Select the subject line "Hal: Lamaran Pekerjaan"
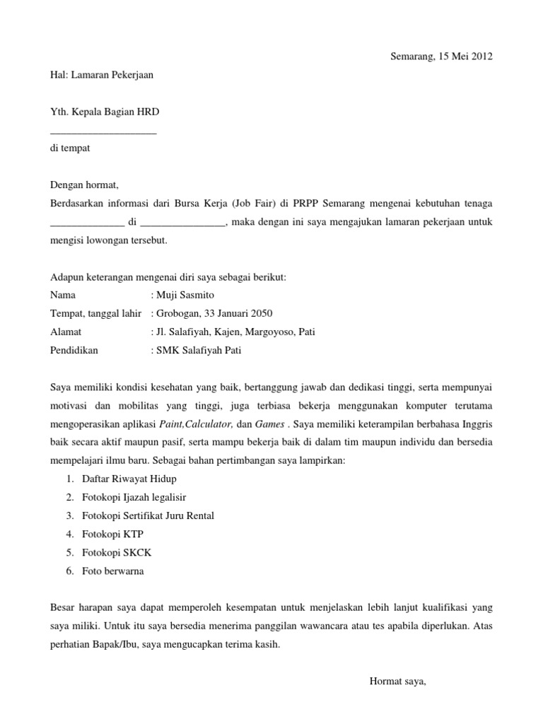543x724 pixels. click(102, 74)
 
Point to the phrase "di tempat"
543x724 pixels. click(70, 148)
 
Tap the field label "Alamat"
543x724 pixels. click(66, 332)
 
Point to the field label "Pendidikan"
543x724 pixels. click(74, 350)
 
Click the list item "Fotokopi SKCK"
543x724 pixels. click(107, 552)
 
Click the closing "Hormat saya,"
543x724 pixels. click(398, 682)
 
